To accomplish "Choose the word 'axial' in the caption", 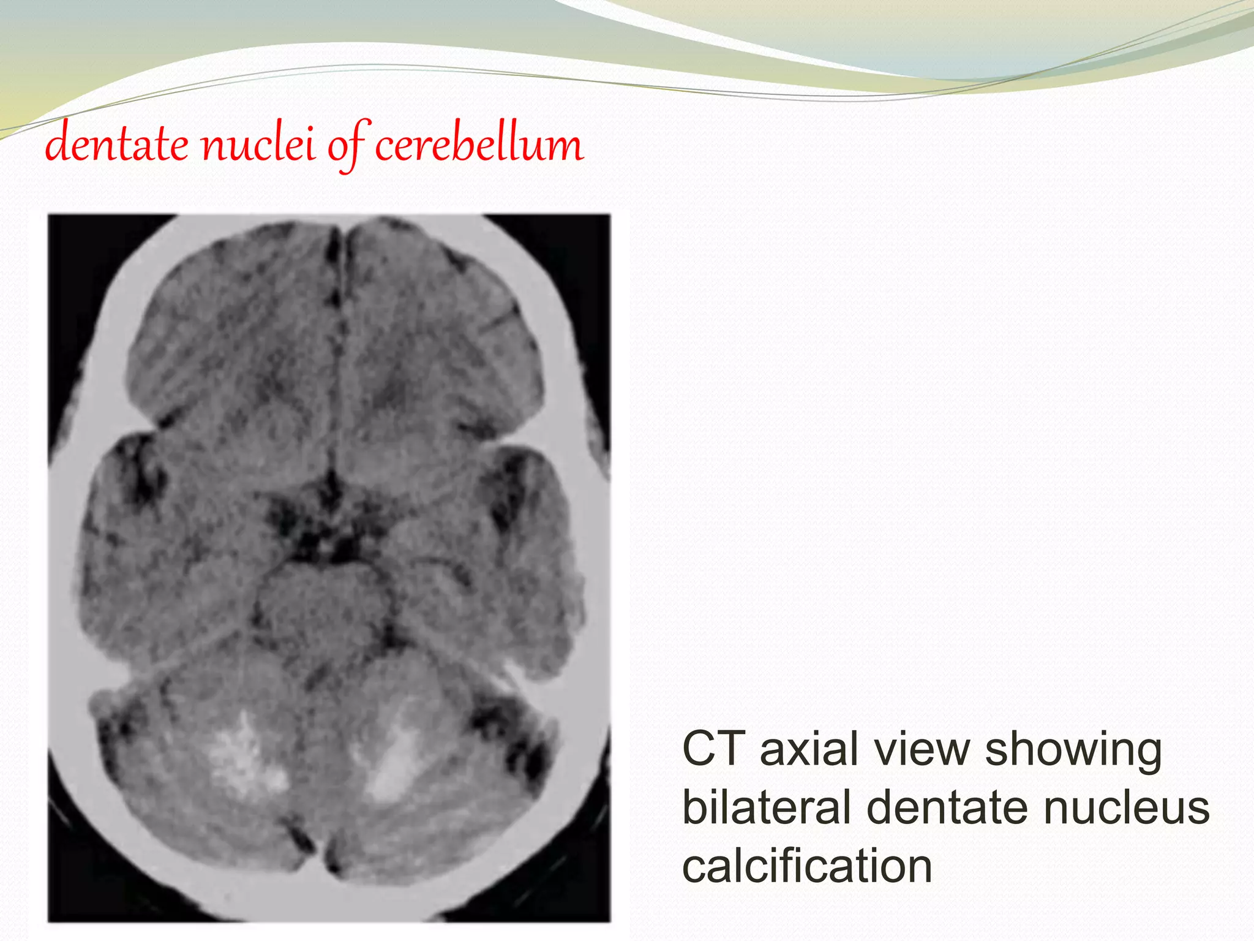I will tap(808, 749).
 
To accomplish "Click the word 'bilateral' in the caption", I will tap(767, 807).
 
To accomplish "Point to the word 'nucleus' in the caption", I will tap(1127, 807).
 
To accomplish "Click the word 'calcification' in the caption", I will tap(807, 865).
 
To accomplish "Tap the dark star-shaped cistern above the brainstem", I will tap(321, 521).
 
